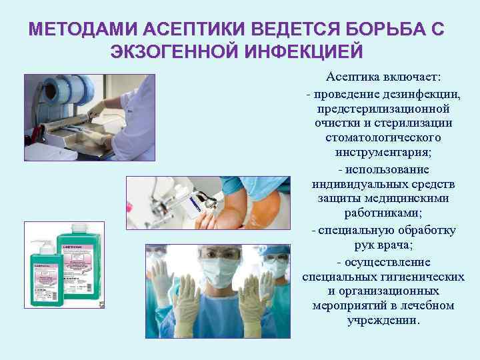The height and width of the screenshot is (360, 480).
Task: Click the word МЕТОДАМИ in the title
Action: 74,31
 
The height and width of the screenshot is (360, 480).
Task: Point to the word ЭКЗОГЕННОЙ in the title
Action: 171,52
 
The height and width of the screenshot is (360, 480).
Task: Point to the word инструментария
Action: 381,152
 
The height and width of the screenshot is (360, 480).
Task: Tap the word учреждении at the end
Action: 383,320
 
